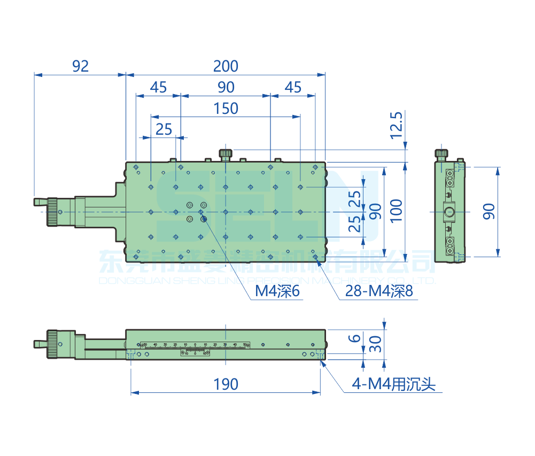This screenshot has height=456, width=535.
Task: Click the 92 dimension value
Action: (80, 66)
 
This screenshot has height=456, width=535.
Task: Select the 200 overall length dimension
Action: (226, 66)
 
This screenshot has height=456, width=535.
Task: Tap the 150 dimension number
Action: (226, 109)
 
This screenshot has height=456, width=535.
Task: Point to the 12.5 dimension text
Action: (396, 125)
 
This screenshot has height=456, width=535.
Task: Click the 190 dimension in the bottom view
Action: (226, 384)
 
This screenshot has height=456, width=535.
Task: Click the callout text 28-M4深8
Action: (379, 291)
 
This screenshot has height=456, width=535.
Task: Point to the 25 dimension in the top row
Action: (164, 129)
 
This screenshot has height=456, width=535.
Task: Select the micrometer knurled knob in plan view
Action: (53, 212)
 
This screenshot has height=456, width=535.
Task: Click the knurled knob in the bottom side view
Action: (52, 344)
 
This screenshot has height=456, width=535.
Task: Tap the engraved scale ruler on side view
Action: (195, 346)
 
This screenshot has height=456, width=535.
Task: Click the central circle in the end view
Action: (449, 212)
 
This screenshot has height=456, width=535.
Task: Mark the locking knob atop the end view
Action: (441, 154)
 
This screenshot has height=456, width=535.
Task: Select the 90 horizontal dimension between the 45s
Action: (226, 87)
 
